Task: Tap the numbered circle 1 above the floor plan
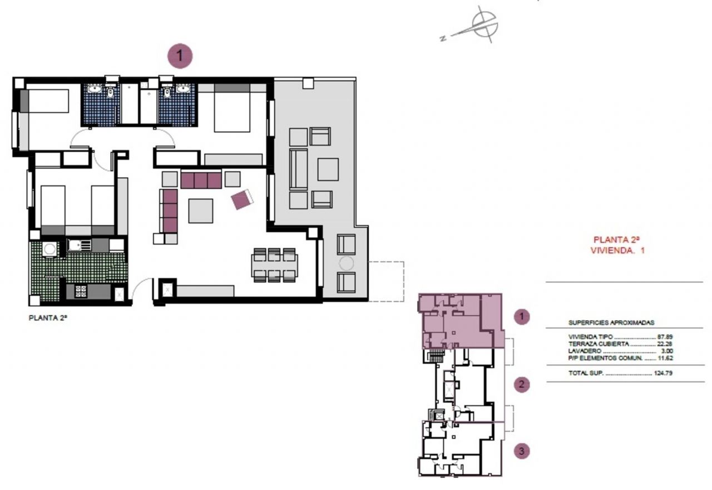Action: (180, 56)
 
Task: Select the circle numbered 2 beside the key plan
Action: (522, 384)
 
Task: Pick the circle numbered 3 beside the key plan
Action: (522, 451)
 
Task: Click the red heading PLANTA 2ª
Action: (616, 239)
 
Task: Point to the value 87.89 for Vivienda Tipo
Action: (665, 337)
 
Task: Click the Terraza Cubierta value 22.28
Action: (665, 344)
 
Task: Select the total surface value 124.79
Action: (663, 373)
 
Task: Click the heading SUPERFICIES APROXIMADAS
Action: (611, 323)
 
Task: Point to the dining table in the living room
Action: (275, 266)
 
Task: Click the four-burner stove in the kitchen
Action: (81, 291)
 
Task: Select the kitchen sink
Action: (79, 245)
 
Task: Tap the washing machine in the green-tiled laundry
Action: (50, 249)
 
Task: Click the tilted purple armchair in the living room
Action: (242, 199)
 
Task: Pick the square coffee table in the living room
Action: (201, 211)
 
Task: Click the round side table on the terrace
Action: (346, 263)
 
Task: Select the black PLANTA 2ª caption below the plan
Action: (48, 318)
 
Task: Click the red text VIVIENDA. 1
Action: (617, 251)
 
